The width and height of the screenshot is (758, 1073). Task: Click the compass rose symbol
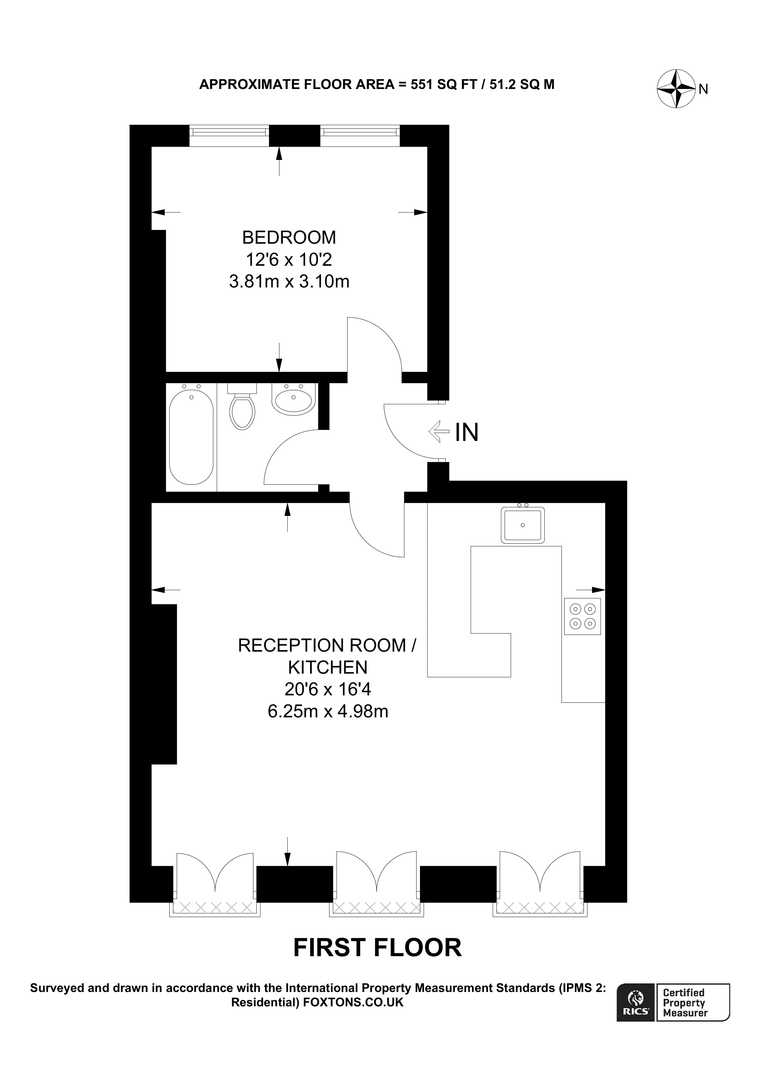tap(677, 88)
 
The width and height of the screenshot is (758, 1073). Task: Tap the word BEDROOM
tap(289, 237)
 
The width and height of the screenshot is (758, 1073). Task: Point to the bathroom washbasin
tap(293, 399)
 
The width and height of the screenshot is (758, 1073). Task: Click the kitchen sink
tap(523, 525)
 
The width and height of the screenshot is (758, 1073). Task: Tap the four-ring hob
tap(582, 616)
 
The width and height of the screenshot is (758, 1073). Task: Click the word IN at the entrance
tap(467, 432)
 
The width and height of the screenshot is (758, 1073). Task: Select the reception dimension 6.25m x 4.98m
tap(328, 711)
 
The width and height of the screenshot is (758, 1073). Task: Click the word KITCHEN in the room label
tap(328, 667)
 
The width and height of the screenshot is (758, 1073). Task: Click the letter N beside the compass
tap(703, 89)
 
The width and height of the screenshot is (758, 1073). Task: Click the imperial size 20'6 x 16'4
tap(328, 689)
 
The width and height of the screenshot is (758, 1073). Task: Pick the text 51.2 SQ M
tap(522, 84)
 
